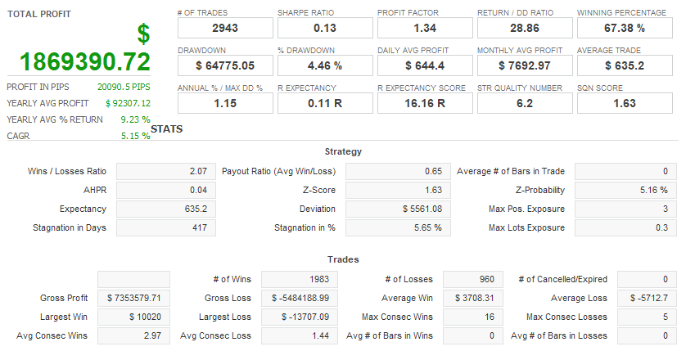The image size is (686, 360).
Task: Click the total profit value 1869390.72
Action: click(85, 61)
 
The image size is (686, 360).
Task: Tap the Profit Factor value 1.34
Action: click(424, 29)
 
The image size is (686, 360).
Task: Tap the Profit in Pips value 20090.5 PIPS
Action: click(124, 86)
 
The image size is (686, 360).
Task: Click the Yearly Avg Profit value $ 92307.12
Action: click(128, 103)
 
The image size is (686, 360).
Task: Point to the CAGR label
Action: click(18, 136)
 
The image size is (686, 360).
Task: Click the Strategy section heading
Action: click(343, 151)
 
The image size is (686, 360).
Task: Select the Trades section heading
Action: click(343, 259)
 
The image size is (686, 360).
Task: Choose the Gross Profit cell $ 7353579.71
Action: click(133, 298)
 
